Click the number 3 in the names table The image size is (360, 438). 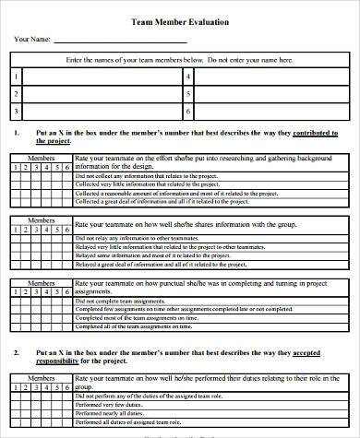[x=16, y=111]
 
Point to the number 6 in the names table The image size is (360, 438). [x=187, y=111]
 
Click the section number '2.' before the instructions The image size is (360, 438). [x=17, y=326]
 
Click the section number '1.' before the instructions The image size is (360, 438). [x=17, y=133]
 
